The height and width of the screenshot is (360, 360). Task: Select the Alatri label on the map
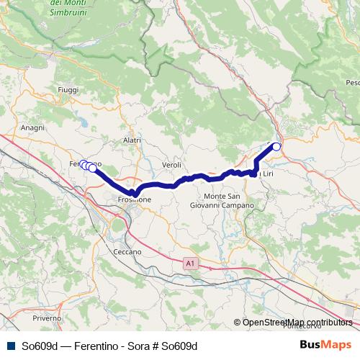click(x=132, y=140)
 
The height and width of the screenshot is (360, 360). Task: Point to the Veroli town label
click(x=171, y=164)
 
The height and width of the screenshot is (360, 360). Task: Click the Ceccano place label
click(x=127, y=252)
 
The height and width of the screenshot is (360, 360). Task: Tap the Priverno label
click(x=46, y=318)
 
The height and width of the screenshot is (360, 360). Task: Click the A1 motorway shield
click(x=189, y=264)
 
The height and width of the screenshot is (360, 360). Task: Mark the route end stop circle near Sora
click(x=276, y=146)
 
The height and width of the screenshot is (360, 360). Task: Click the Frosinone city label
click(x=135, y=200)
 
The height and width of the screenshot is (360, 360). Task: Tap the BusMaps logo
click(x=325, y=346)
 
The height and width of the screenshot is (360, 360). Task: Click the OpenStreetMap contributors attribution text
click(x=297, y=323)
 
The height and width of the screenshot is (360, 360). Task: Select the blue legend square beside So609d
click(x=10, y=346)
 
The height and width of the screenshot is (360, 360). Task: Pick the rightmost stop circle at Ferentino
click(x=92, y=168)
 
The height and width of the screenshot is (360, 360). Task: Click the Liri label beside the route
click(x=266, y=174)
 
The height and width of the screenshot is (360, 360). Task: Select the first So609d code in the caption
click(x=39, y=346)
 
